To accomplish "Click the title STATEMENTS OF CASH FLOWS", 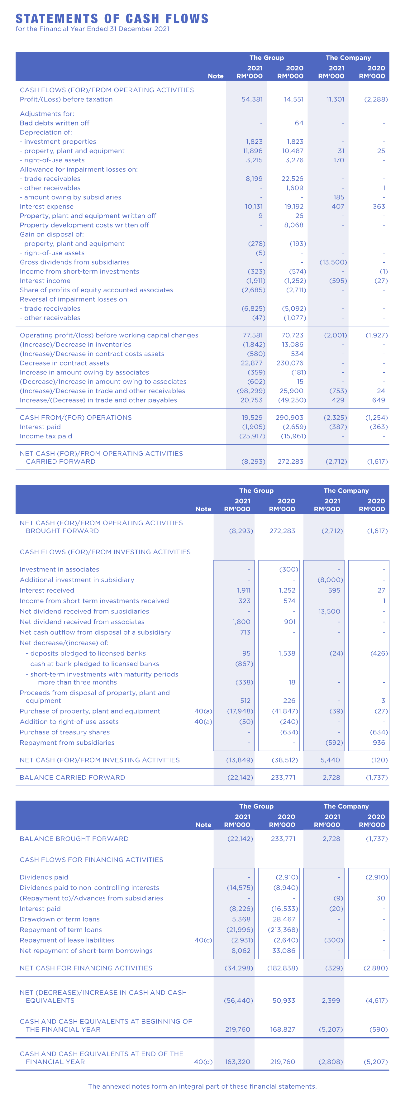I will pos(112,19).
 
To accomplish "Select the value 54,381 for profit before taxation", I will pos(252,99).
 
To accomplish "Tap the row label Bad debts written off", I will pos(55,123).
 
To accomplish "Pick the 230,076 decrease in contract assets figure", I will pos(290,363).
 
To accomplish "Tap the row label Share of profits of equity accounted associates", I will pos(96,290).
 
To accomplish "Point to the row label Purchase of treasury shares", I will pos(65,732).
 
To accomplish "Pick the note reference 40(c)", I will pos(203,940).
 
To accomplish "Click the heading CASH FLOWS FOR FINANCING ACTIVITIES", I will pos(91,860).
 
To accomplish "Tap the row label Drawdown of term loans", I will pos(60,919).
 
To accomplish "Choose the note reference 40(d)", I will pos(203,1062).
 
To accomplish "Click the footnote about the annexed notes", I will pos(202,1086).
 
